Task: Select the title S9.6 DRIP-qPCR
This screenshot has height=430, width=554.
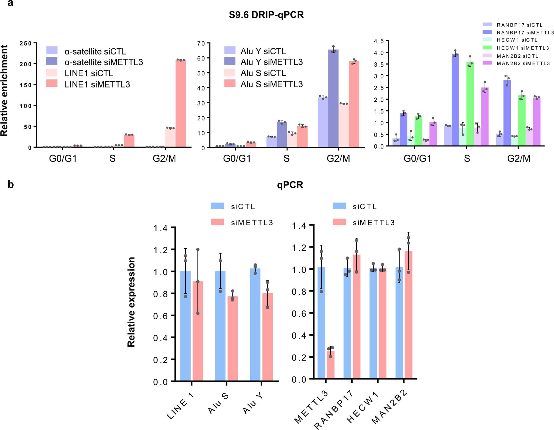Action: point(266,15)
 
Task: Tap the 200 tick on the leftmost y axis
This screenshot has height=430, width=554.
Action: point(26,64)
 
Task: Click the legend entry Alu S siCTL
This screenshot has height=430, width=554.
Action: point(263,73)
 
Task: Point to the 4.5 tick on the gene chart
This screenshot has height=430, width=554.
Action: point(379,41)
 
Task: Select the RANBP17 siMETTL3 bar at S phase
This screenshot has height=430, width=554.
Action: point(455,100)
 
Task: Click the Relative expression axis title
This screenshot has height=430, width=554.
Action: point(131,302)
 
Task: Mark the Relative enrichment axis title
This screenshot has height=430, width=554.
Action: point(4,90)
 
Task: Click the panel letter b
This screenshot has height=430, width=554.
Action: point(10,185)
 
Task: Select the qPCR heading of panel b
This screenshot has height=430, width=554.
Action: point(290,185)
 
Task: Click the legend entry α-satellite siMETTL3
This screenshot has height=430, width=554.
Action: point(104,62)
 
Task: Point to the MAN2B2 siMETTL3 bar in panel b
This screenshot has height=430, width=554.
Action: point(408,315)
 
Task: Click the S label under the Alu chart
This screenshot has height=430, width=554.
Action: point(286,159)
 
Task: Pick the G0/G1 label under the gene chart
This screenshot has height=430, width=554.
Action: point(417,159)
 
